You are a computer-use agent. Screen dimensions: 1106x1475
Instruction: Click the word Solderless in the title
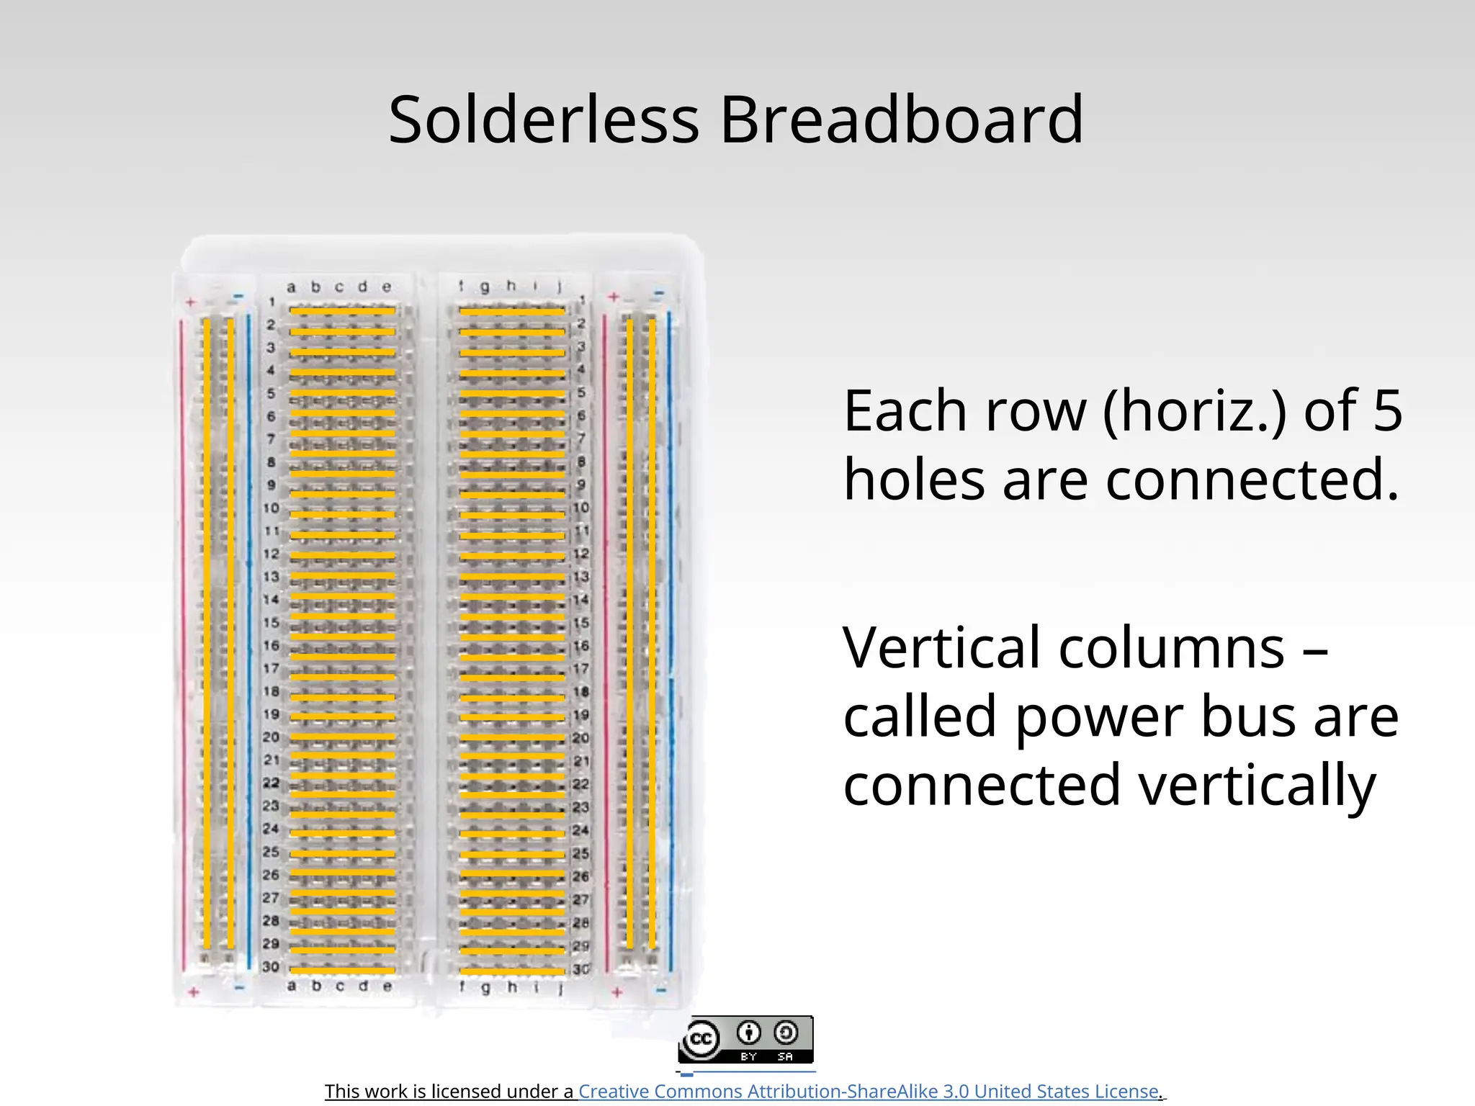coord(544,120)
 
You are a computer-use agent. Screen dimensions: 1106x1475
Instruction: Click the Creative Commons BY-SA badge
coord(745,1039)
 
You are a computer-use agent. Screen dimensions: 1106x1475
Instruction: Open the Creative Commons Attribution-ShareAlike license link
coord(869,1091)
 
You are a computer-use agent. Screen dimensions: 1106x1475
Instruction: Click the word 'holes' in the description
coord(914,480)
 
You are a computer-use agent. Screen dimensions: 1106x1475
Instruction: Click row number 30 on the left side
coord(271,966)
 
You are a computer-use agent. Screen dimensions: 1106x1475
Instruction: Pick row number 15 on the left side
coord(271,622)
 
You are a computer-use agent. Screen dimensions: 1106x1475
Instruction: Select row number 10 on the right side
coord(581,508)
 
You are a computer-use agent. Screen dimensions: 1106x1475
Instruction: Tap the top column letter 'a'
coord(291,287)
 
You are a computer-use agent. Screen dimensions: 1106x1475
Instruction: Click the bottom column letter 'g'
coord(485,987)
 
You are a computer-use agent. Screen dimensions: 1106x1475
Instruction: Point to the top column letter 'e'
coord(387,287)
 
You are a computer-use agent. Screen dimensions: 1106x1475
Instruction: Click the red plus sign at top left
coord(191,302)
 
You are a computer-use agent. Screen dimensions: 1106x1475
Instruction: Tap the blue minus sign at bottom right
coord(661,991)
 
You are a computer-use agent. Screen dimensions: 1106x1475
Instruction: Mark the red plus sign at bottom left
coord(193,992)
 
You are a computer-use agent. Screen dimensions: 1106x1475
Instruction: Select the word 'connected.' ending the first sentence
coord(1252,480)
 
